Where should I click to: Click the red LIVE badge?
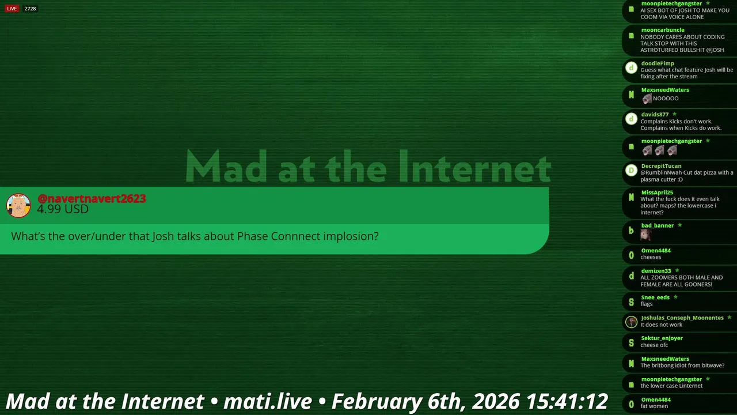pos(12,9)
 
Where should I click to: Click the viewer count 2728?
pos(30,9)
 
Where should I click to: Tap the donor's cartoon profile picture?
pos(18,206)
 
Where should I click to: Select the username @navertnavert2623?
pos(92,199)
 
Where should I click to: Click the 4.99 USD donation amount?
pos(63,209)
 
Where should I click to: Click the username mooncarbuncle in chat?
pos(663,30)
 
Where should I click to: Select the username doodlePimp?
pos(658,63)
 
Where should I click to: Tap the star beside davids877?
pos(674,114)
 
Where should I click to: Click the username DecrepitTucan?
pos(661,166)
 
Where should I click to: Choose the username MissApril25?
pos(657,193)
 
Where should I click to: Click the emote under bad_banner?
pos(645,235)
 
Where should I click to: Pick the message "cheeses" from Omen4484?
pos(651,257)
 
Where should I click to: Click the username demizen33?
pos(656,271)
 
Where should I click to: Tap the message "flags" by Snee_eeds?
pos(646,304)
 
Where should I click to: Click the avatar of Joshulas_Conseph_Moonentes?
pos(631,322)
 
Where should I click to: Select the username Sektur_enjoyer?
pos(662,338)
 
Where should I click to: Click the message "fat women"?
pos(654,406)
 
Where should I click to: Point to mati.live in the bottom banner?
pos(268,401)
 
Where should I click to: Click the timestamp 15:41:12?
pos(567,401)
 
